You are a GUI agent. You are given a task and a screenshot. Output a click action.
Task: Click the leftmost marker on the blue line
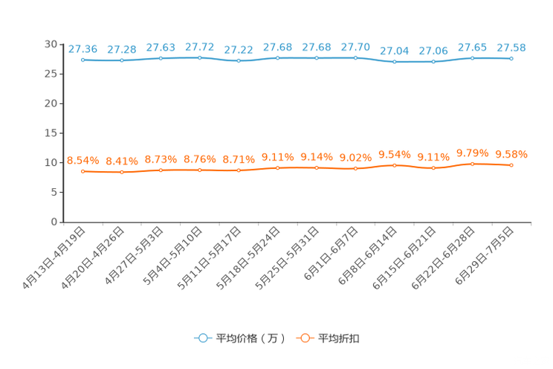pos(83,60)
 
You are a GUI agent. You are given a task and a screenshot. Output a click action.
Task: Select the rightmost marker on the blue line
pos(511,59)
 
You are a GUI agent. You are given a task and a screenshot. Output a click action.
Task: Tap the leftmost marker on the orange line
pos(83,171)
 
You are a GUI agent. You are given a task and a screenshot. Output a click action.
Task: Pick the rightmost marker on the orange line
pos(511,165)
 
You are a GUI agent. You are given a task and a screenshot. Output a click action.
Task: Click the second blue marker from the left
pos(122,61)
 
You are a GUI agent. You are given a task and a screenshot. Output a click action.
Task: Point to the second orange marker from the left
pos(122,172)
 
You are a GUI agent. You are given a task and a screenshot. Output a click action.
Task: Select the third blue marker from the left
pos(161,58)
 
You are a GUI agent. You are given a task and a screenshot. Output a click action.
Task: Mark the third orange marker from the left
pos(161,170)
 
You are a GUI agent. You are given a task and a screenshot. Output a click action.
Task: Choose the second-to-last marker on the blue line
pos(472,58)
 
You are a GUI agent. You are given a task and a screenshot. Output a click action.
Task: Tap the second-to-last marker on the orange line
pos(472,164)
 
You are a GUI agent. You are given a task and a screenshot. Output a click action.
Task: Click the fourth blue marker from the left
pos(199,57)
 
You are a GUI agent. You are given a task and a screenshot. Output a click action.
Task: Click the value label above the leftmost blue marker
pos(83,49)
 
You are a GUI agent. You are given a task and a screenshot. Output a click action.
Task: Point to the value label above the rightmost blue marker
pos(511,48)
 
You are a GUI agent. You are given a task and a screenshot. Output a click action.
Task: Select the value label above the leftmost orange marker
pos(83,160)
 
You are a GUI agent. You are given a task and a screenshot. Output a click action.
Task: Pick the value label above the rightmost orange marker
pos(511,154)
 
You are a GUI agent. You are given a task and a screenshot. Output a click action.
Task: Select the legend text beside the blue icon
pos(250,338)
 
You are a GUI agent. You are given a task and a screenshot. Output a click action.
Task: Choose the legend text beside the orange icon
pos(339,338)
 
